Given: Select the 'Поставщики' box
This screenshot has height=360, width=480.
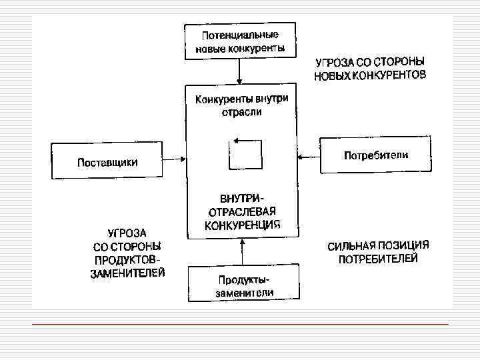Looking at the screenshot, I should pyautogui.click(x=106, y=161).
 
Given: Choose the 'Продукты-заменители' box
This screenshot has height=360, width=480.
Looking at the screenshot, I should pyautogui.click(x=241, y=284).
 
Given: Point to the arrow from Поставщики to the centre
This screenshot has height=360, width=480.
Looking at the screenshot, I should pyautogui.click(x=173, y=159).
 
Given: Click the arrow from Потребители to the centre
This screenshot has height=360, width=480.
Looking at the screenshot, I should pyautogui.click(x=309, y=157).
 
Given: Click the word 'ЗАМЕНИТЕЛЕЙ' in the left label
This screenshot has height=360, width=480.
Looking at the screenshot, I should pyautogui.click(x=128, y=273).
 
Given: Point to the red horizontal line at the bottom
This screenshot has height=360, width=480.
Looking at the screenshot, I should pyautogui.click(x=240, y=324).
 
